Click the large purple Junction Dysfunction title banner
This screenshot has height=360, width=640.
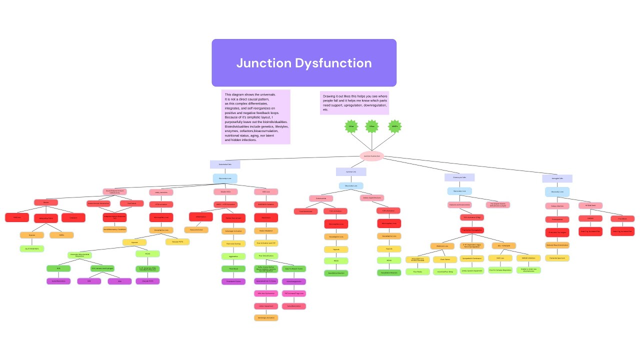tap(304, 63)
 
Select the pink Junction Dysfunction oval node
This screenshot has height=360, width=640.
tap(371, 156)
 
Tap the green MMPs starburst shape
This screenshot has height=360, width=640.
tap(395, 126)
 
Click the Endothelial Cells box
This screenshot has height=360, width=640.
tap(224, 164)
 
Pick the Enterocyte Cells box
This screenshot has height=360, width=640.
tap(459, 177)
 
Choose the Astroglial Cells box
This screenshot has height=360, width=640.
tap(557, 178)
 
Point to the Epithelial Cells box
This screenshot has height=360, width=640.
tap(351, 171)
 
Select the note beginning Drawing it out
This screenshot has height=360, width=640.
tap(354, 102)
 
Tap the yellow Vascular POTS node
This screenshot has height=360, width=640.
tap(177, 242)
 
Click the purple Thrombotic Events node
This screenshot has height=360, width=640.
tap(233, 281)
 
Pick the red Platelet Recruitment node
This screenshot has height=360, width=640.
tap(233, 218)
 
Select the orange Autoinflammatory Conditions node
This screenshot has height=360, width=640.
tap(114, 229)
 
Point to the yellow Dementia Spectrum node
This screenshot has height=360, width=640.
tap(557, 258)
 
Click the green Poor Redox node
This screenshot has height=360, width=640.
tap(417, 271)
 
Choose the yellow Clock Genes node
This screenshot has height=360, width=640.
tap(445, 259)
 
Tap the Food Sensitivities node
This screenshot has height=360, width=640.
tap(305, 211)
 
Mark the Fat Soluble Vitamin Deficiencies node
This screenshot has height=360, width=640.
tap(497, 205)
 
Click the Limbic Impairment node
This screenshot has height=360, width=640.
tap(265, 306)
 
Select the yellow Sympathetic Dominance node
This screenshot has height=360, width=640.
tap(471, 258)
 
